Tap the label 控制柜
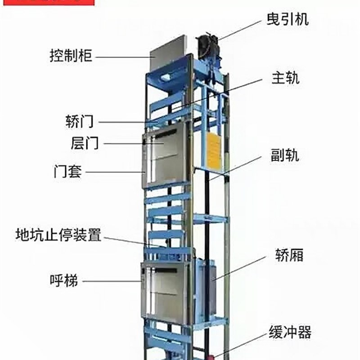click(x=71, y=56)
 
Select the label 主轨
click(x=285, y=78)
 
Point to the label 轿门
click(x=80, y=121)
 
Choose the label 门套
click(x=67, y=171)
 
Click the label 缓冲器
click(x=290, y=333)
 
